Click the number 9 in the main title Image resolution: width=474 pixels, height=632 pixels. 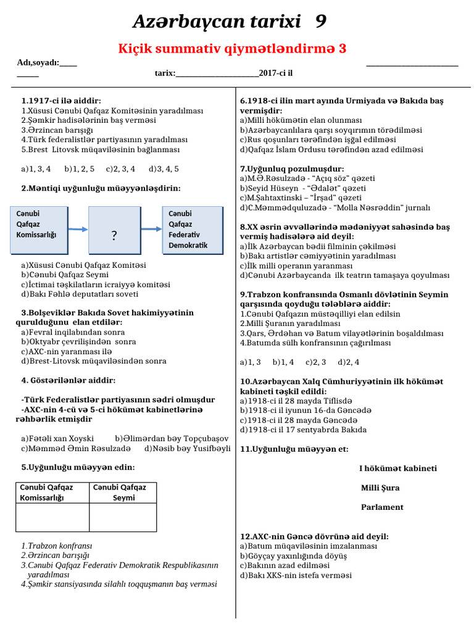point(320,22)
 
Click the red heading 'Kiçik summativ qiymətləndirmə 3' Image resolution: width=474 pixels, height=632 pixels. point(232,49)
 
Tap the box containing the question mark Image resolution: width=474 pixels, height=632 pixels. point(114,229)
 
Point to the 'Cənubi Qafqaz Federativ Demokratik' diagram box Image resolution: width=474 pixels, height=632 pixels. point(191,229)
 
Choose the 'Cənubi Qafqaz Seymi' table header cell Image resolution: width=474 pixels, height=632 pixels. point(123,492)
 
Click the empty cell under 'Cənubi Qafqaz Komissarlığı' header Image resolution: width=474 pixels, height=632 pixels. point(52,517)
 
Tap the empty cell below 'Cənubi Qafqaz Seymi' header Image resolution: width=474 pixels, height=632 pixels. point(123,517)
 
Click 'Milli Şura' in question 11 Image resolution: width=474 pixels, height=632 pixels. point(380,488)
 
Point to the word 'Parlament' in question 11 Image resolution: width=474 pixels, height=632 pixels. point(382,507)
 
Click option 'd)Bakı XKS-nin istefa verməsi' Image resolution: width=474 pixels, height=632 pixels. point(296,575)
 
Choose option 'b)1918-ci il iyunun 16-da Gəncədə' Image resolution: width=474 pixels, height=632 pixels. point(306,410)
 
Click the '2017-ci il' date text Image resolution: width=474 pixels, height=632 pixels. point(276,73)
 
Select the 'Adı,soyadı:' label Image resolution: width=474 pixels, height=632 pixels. point(38,62)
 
